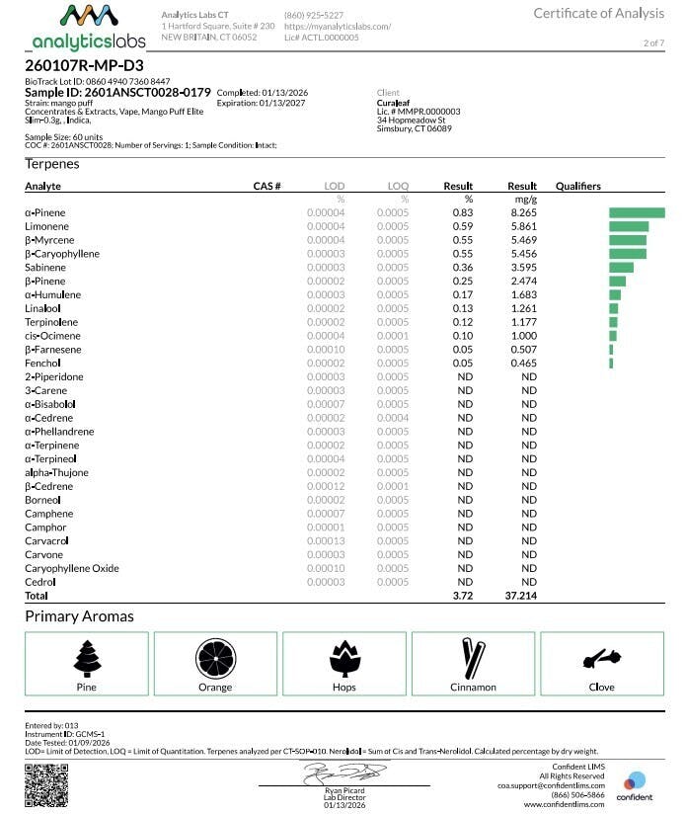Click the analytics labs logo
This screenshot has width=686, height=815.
point(89,28)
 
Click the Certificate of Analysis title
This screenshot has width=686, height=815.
point(600,13)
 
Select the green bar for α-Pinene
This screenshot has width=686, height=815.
point(637,212)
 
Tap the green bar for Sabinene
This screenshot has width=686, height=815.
point(621,267)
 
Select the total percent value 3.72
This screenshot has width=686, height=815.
point(462,597)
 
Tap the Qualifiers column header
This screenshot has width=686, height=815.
point(577,186)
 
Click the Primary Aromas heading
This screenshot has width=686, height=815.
point(79,616)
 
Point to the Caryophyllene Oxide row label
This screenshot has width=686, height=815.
point(72,569)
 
